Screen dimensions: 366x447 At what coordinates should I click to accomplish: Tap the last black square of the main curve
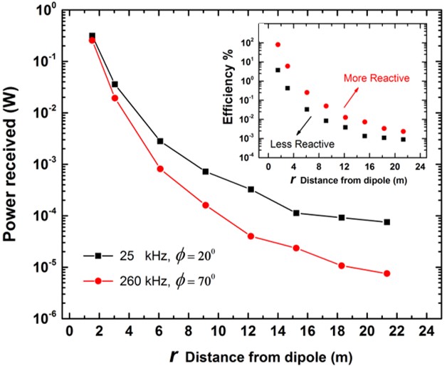coord(386,222)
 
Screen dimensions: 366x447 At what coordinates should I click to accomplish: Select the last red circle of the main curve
coord(386,273)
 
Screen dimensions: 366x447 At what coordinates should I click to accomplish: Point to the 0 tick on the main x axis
coord(69,332)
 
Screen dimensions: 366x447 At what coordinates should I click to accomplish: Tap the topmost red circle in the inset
coord(278,44)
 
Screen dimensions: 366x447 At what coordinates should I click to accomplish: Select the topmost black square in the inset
coord(278,70)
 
